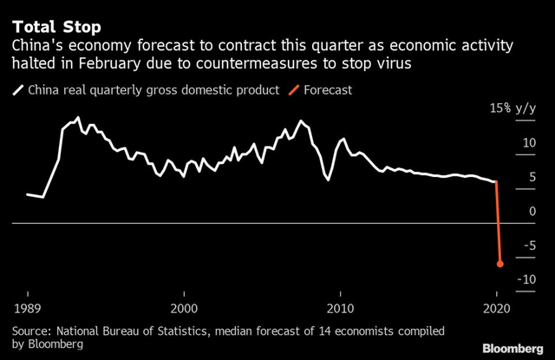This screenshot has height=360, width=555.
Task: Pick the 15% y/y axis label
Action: click(x=513, y=109)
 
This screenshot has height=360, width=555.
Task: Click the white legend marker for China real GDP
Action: click(x=18, y=88)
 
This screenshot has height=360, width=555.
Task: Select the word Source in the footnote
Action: click(x=32, y=331)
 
